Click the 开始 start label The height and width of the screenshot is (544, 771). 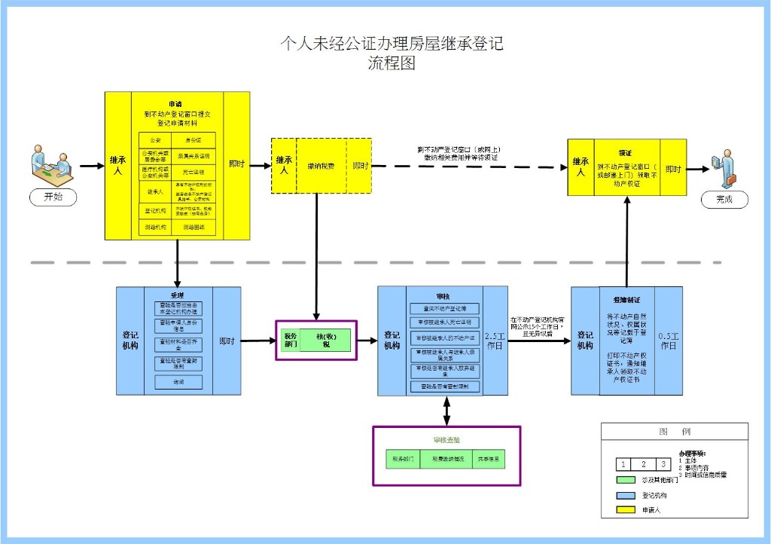[53, 197]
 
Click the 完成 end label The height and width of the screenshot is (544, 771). [724, 200]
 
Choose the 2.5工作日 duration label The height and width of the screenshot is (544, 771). [495, 341]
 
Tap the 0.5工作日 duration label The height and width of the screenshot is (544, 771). [669, 341]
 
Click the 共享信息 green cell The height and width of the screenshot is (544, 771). [489, 458]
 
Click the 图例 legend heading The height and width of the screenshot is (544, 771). [674, 432]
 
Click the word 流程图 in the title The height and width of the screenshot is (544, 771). [391, 64]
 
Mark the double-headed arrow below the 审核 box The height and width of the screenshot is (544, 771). [447, 411]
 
